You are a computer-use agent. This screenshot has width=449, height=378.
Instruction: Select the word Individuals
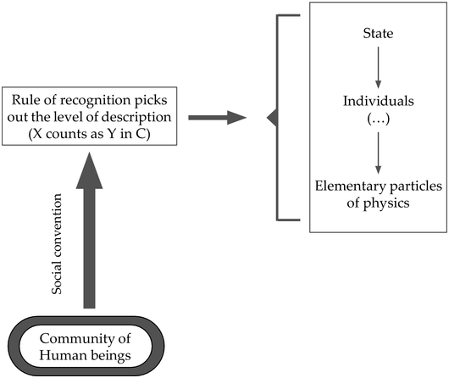point(378,101)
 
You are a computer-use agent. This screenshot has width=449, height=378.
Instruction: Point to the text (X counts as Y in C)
point(96,134)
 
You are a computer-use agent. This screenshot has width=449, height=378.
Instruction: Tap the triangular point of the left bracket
point(270,119)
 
